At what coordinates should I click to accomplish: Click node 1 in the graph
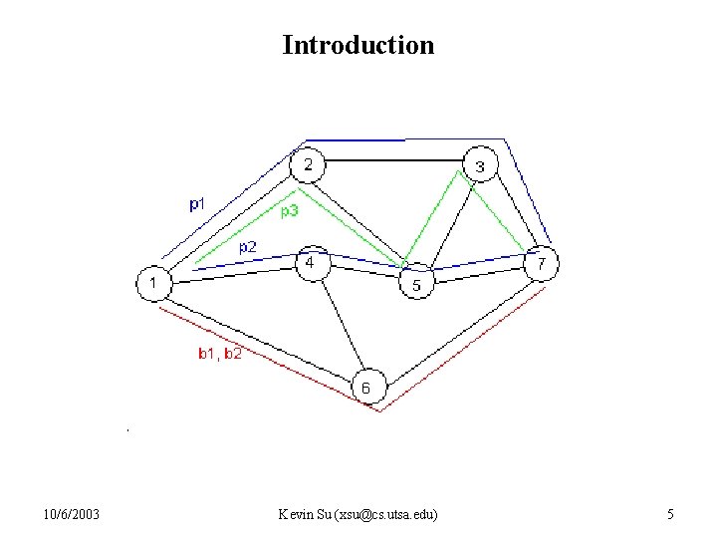[x=153, y=284]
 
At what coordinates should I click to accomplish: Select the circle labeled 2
[x=308, y=164]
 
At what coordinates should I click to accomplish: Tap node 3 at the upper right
[x=480, y=165]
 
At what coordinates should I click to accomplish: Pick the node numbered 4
[x=311, y=263]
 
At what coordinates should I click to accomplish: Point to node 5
[x=416, y=285]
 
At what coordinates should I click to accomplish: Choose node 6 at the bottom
[x=366, y=388]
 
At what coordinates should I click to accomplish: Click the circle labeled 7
[x=541, y=265]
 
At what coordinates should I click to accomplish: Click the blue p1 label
[x=198, y=204]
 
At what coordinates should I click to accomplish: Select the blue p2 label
[x=248, y=246]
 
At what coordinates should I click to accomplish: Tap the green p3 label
[x=289, y=211]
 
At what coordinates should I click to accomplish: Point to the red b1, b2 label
[x=219, y=353]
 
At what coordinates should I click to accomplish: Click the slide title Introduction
[x=358, y=45]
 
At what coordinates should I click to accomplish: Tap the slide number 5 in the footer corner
[x=670, y=514]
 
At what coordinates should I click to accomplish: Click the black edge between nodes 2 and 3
[x=393, y=159]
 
